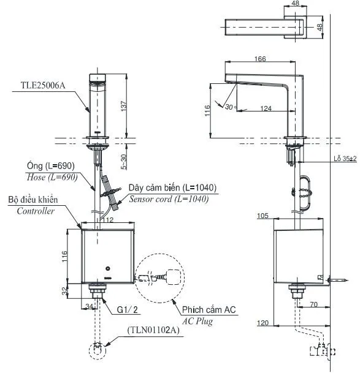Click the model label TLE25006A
coord(43,85)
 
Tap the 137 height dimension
coord(124,106)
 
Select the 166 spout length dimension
coord(260,59)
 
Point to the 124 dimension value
coord(266,108)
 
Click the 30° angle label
coord(230,107)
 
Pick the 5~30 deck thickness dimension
coord(124,162)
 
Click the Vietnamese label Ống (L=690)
coord(51,165)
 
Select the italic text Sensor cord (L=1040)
coord(169,199)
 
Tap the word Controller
coord(36,211)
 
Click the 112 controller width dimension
coord(108,219)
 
